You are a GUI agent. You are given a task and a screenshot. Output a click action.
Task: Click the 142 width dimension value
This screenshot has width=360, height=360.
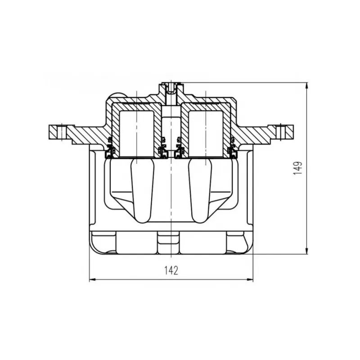(171, 270)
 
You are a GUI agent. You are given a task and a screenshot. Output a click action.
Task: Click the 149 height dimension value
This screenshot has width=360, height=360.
(297, 168)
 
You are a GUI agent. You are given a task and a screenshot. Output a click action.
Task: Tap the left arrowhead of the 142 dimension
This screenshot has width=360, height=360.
(92, 279)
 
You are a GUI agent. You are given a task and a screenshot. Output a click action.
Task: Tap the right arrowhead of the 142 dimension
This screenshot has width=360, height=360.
(250, 279)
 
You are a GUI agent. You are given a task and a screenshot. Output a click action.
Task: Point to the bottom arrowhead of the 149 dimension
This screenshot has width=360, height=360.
(307, 251)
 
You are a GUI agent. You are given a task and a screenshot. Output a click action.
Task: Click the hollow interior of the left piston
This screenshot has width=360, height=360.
(137, 134)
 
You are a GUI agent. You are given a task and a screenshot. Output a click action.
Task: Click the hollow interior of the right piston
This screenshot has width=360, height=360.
(206, 134)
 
